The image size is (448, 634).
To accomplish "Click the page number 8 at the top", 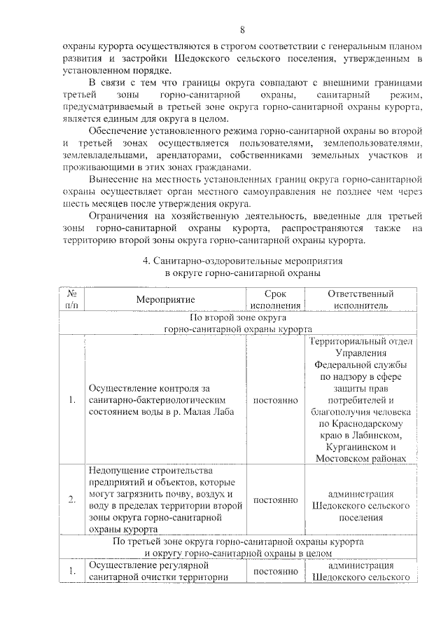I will pos(242,30).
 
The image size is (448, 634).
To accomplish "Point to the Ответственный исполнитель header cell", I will pos(360,299).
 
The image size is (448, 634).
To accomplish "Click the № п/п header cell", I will pos(72,299).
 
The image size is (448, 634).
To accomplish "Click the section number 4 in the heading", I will pos(145,260).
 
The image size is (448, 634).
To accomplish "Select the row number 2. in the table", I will pos(72,499).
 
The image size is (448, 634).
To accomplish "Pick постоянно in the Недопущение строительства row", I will pos(276,499).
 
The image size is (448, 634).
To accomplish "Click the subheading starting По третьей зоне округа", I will pos(237,542).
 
